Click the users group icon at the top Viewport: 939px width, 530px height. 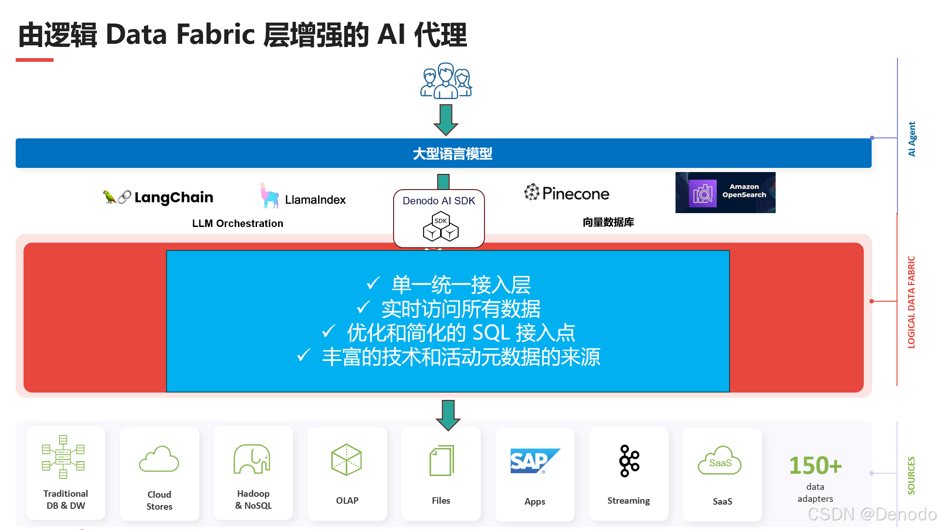[x=446, y=81]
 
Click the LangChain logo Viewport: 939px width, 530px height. [x=158, y=197]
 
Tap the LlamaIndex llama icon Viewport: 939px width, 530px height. [x=269, y=196]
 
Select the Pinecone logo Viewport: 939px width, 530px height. [x=567, y=193]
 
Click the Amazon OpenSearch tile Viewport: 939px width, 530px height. [x=725, y=192]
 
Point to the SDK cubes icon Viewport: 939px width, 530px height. [x=441, y=226]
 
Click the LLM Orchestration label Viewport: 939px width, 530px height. [x=238, y=223]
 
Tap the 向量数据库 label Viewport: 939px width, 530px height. [x=608, y=222]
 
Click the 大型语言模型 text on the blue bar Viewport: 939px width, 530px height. [x=452, y=154]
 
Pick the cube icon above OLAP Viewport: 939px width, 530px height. [x=347, y=459]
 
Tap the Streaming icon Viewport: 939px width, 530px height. [x=629, y=460]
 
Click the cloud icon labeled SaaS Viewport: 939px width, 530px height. [x=719, y=461]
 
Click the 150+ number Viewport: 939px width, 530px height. [x=815, y=465]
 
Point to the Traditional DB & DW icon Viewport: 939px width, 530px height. [x=63, y=457]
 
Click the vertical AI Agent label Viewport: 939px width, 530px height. [x=912, y=139]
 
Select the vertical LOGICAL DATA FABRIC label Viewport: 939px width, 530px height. [x=911, y=302]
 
